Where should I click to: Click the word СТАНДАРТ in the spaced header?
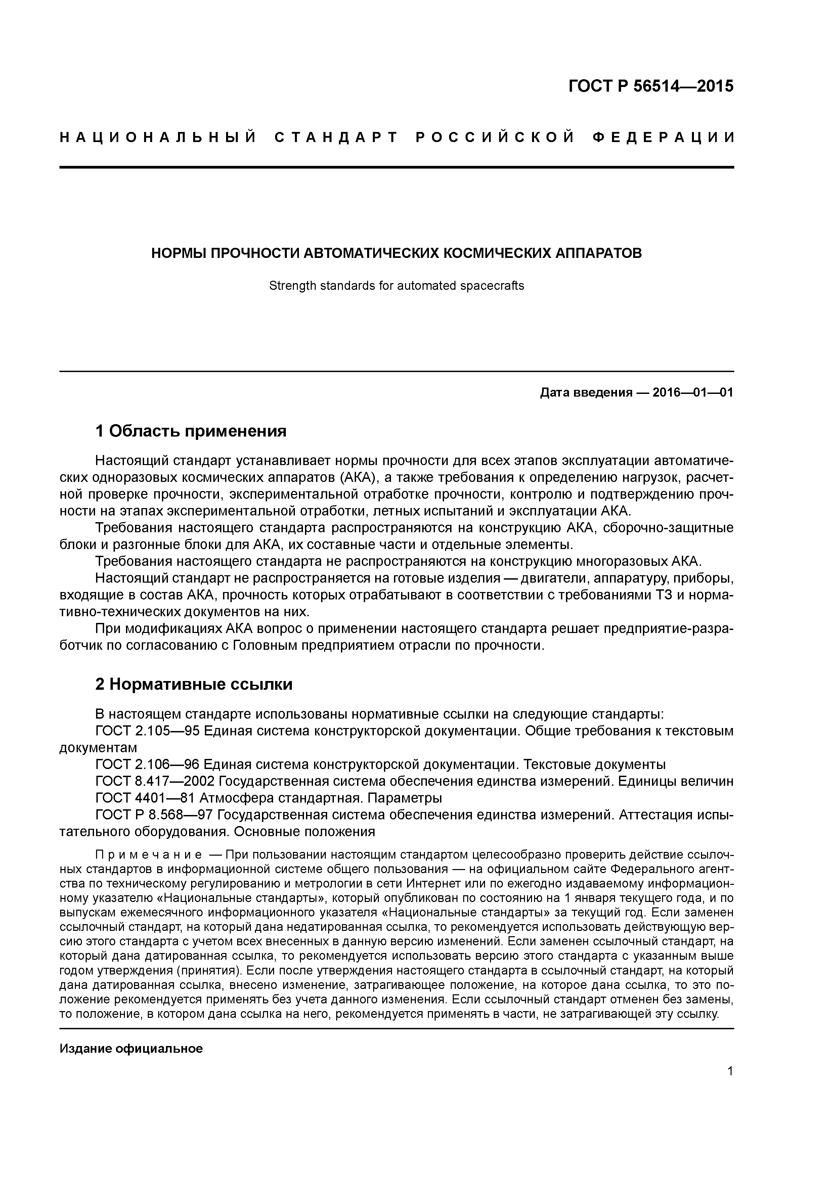click(x=336, y=137)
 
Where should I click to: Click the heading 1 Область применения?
click(x=191, y=431)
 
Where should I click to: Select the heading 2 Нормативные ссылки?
click(x=194, y=684)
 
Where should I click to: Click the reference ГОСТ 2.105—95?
click(x=147, y=731)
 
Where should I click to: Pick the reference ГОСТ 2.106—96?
click(x=147, y=765)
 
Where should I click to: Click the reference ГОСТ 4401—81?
click(x=145, y=798)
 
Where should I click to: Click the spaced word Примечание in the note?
click(x=148, y=855)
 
